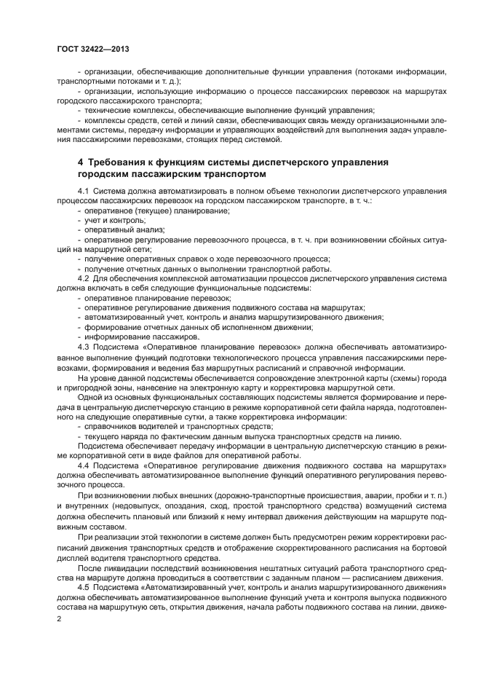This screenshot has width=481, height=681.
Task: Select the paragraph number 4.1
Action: pyautogui.click(x=84, y=190)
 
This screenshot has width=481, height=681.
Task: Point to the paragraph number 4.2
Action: pyautogui.click(x=84, y=277)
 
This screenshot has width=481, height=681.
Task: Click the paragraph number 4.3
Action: pyautogui.click(x=84, y=347)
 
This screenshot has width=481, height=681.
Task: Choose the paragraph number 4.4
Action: pyautogui.click(x=84, y=464)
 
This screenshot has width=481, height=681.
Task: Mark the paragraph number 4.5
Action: pyautogui.click(x=84, y=586)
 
